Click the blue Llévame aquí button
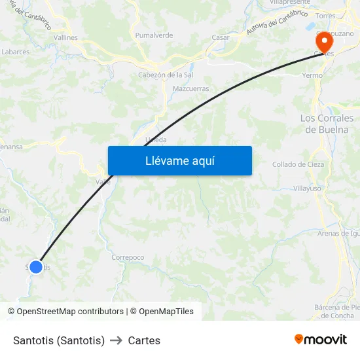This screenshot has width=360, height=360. (x=180, y=161)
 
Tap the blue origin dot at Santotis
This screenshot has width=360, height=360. (x=36, y=266)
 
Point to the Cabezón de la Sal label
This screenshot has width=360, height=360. (x=165, y=75)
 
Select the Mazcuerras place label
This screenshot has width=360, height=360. (x=190, y=88)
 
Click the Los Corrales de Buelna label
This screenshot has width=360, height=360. (x=327, y=124)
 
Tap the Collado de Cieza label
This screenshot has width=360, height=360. (x=298, y=164)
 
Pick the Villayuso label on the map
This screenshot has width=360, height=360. (x=307, y=188)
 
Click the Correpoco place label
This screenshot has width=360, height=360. (x=128, y=257)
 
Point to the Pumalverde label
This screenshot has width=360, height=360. (x=153, y=35)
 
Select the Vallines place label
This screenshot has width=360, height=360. (x=65, y=37)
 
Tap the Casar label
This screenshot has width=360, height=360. (x=221, y=37)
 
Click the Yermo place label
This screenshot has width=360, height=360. (x=312, y=75)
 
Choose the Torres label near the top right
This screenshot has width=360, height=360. (x=325, y=16)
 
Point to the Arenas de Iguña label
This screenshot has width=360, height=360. (x=338, y=233)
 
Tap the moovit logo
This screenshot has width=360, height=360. (x=321, y=340)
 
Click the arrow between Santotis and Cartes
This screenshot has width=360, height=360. (x=117, y=340)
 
